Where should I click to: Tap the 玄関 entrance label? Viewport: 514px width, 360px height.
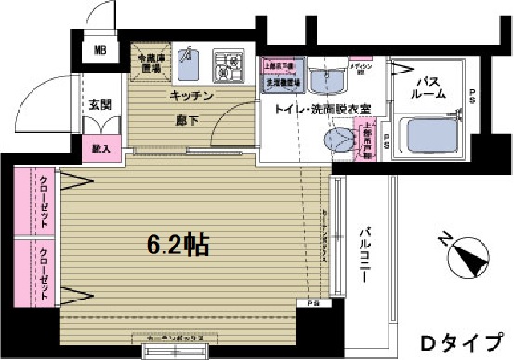[100, 105]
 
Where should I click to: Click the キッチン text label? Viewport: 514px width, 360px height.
[192, 97]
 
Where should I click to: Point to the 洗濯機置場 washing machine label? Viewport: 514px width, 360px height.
[280, 82]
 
